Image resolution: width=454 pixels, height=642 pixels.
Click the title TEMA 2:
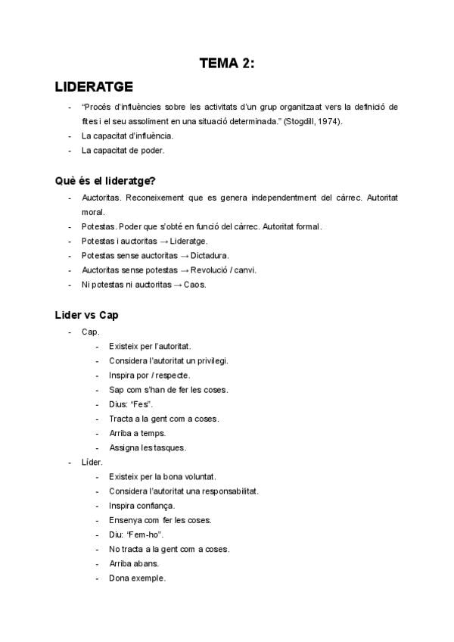click(x=227, y=64)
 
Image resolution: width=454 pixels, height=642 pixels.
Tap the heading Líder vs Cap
click(x=86, y=314)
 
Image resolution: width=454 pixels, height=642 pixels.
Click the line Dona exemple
click(x=137, y=578)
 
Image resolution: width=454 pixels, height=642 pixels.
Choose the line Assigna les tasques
click(x=147, y=448)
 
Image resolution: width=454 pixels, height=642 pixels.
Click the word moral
click(x=93, y=212)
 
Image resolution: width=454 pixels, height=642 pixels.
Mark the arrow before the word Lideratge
click(x=163, y=242)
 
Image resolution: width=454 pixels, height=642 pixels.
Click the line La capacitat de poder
click(x=123, y=151)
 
